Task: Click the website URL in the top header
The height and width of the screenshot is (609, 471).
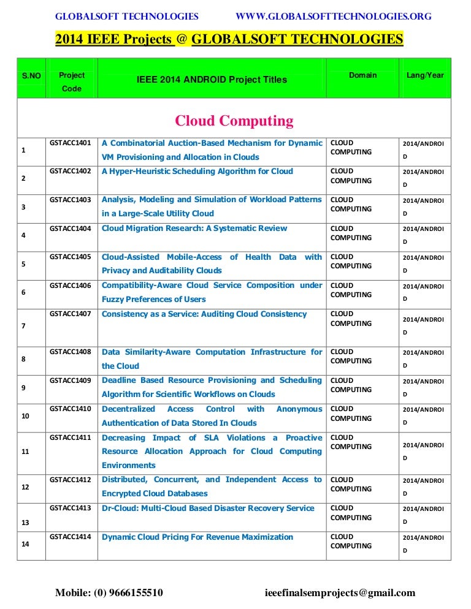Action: click(x=333, y=16)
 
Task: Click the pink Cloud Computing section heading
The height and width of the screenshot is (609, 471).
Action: click(x=234, y=121)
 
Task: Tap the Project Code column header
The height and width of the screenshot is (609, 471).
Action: click(x=72, y=81)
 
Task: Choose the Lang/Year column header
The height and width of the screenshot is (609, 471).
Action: click(x=425, y=75)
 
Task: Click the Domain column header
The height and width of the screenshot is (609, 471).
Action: click(x=363, y=75)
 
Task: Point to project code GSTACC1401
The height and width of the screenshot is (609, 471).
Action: click(x=71, y=143)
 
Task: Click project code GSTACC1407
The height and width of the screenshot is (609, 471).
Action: click(x=71, y=314)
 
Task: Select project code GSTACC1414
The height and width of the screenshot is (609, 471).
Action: click(x=71, y=537)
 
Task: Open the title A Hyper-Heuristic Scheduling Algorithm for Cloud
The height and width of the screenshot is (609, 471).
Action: click(x=197, y=172)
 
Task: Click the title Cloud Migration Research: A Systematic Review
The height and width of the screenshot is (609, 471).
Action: click(x=194, y=229)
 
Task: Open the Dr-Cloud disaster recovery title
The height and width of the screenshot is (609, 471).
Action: click(x=207, y=509)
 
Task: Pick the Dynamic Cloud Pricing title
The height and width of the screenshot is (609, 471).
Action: click(x=197, y=537)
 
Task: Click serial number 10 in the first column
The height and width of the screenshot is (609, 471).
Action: click(x=25, y=416)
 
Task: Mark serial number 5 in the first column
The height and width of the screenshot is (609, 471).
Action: click(x=23, y=265)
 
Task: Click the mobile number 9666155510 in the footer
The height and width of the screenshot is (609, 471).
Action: click(x=109, y=592)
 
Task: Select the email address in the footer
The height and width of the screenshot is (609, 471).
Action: click(x=340, y=592)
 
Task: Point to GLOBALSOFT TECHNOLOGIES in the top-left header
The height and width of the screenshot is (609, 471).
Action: click(x=127, y=16)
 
